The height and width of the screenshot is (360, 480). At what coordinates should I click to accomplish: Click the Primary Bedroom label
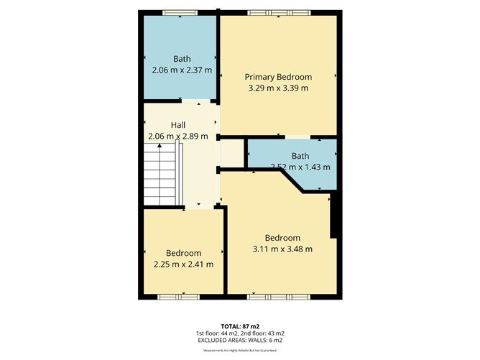coord(278,77)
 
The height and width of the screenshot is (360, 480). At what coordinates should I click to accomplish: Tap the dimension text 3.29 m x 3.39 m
coord(278,88)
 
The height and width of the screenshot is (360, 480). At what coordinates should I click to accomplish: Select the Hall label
coord(177,125)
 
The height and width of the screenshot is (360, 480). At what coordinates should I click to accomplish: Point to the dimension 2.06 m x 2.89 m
coord(177,136)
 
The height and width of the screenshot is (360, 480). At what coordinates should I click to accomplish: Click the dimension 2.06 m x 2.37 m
coord(182,70)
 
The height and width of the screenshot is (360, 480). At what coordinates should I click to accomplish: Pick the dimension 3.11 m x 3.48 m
coord(282,249)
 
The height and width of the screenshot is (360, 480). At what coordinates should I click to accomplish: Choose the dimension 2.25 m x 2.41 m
coord(183,264)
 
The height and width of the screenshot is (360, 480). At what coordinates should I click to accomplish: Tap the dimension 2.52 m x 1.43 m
coord(300,167)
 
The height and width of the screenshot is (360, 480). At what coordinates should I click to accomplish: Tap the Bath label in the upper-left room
coord(182,59)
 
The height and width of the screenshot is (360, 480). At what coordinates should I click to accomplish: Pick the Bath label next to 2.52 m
coord(300,156)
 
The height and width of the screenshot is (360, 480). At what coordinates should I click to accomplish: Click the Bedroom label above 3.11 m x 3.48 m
coord(282,238)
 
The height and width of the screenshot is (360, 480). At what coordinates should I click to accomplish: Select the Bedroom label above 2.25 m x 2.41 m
coord(183,253)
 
